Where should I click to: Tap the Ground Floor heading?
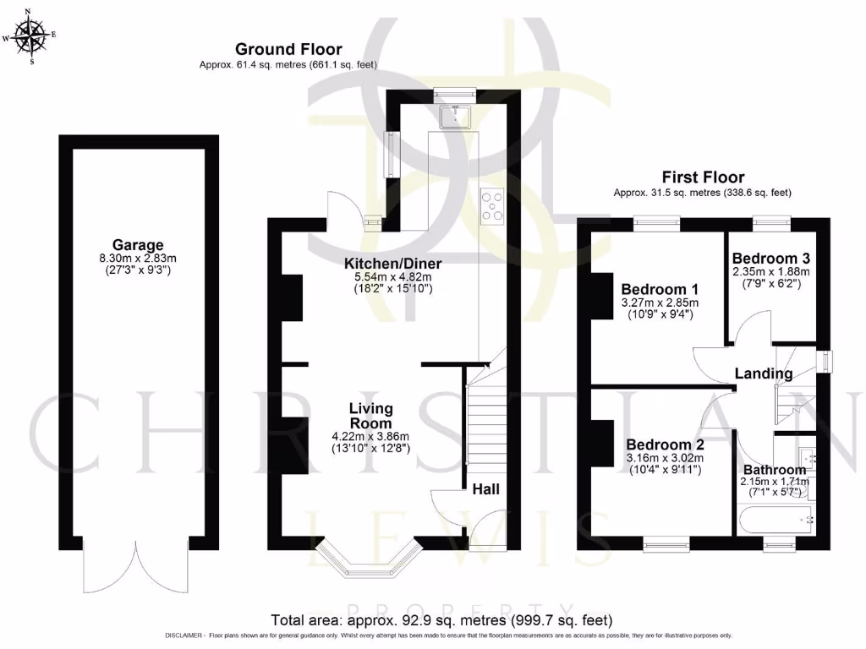pos(288,50)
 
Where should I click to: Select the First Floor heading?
pos(703,177)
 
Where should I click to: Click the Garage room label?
pos(138,245)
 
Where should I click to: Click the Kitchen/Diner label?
pos(392,264)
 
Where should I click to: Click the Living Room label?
pos(370,416)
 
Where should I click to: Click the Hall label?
pos(485,489)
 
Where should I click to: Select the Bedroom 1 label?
pos(657,287)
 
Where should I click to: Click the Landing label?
pos(763,374)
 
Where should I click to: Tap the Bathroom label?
pos(774,470)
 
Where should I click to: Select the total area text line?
pos(441,619)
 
